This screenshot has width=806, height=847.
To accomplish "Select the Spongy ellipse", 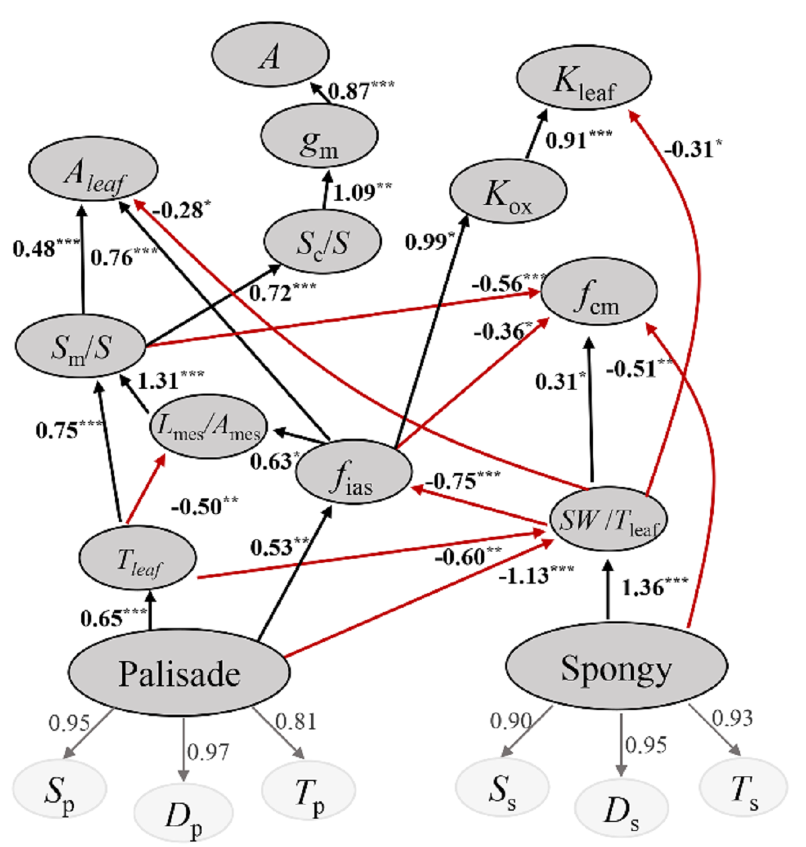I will [616, 668].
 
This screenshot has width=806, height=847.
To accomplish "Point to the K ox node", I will [508, 192].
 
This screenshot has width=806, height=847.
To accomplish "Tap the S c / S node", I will [323, 242].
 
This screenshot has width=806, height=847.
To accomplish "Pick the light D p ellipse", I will [183, 814].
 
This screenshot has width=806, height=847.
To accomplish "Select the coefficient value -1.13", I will [535, 574].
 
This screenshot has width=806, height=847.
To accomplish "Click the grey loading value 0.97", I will [208, 752].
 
